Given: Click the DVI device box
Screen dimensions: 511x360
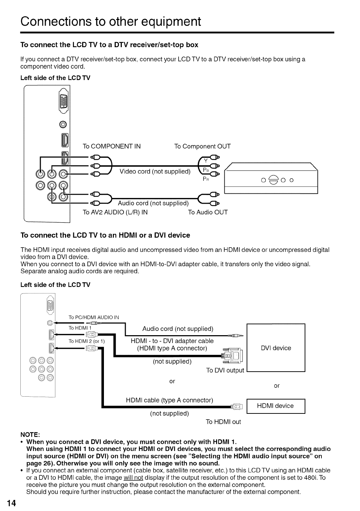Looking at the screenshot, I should [276, 348].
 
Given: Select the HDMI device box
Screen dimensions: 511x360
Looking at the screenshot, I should [275, 406].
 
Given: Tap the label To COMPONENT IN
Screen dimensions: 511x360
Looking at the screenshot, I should [111, 146].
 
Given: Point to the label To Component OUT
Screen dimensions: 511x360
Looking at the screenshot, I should [202, 146].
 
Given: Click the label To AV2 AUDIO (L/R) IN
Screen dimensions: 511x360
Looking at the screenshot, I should [115, 212].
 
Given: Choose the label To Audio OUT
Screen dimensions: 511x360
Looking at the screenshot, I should [208, 212].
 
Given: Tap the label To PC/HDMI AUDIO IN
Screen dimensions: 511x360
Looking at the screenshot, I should [94, 317].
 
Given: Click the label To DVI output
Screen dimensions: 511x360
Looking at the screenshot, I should [225, 370].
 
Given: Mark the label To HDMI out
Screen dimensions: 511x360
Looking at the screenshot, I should [223, 422].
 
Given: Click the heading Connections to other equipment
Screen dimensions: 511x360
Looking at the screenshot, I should [111, 21].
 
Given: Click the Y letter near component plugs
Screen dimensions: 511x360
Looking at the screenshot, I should [205, 160].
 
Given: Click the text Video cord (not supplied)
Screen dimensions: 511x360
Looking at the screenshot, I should [155, 171].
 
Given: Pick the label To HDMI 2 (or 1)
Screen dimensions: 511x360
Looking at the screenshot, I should [86, 341].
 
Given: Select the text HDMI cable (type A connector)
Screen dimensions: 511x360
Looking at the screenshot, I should [170, 400].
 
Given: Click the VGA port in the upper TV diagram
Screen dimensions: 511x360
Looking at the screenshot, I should [65, 102].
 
